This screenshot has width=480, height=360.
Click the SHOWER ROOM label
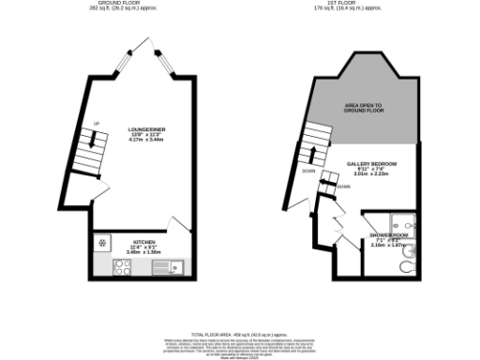click(x=388, y=234)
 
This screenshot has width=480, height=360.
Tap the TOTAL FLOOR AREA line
click(x=240, y=335)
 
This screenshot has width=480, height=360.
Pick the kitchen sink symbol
click(x=170, y=269)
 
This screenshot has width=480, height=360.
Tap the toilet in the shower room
click(x=405, y=266)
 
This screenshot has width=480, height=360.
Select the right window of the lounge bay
click(x=168, y=60)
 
